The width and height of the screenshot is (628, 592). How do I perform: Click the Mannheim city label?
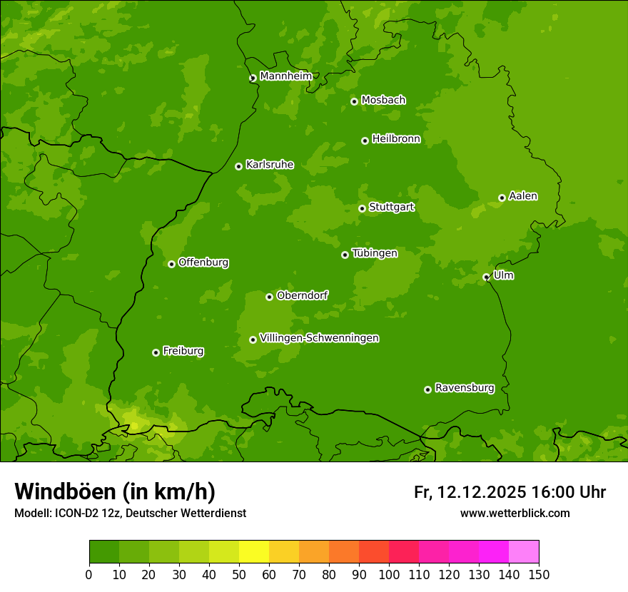286,76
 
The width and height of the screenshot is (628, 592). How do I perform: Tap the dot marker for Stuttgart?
362,208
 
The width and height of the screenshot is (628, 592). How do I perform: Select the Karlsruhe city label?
270,165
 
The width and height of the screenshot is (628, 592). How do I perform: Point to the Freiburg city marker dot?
156,352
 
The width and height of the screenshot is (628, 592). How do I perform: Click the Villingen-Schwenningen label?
319,338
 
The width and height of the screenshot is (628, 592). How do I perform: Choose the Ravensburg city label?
465,388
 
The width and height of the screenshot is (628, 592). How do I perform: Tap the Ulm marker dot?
486,277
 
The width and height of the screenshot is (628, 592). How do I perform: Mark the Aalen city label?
523,196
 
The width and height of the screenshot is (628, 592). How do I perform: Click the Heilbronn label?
396,139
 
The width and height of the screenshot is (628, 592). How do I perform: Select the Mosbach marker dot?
354,101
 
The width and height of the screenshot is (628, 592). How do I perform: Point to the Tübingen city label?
375,253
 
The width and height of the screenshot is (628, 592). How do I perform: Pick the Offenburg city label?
203,262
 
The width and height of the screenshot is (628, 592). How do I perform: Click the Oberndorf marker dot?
269,297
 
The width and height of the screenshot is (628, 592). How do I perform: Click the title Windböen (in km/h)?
115,491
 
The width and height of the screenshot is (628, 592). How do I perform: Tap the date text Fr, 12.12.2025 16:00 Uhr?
510,492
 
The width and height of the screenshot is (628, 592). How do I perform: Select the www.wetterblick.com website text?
515,513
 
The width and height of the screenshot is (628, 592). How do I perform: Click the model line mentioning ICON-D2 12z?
130,513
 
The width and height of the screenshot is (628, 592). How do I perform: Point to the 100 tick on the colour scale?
389,574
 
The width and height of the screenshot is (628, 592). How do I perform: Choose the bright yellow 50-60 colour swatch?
254,552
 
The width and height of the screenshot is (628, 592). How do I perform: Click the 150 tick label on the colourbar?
539,574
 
